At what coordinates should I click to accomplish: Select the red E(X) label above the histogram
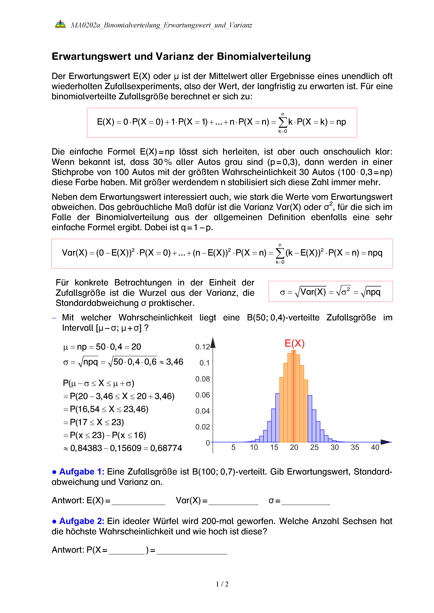295,343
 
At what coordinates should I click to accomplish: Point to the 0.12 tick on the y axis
202,347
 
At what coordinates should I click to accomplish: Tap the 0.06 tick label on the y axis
202,395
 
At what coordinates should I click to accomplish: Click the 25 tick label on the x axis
314,447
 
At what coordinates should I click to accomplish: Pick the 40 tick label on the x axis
375,447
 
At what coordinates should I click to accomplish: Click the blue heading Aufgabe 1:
82,472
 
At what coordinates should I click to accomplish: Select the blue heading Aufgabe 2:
82,521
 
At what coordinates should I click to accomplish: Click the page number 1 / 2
222,584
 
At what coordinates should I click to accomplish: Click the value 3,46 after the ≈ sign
174,362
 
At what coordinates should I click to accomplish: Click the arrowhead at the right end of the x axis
386,442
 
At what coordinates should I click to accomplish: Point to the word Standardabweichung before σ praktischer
97,303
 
